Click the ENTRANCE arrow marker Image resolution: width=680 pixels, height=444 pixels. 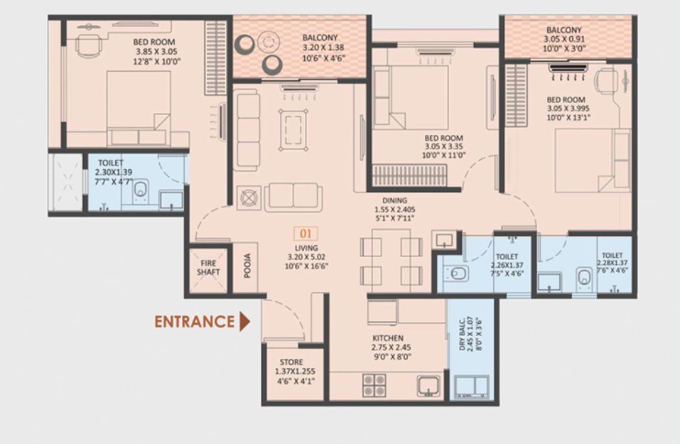(x=245, y=322)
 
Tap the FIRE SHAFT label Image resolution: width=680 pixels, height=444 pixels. (x=208, y=268)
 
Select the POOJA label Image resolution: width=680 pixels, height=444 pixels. (x=247, y=266)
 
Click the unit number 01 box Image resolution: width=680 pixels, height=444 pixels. (x=306, y=234)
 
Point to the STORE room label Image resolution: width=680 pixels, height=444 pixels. (x=291, y=362)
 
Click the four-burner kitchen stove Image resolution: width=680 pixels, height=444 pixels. (x=374, y=385)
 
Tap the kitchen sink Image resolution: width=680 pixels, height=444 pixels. (x=428, y=386)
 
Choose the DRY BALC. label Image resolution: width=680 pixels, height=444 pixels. (x=462, y=335)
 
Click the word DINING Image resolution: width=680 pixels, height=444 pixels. (x=394, y=200)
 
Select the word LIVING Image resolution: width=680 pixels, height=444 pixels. (x=306, y=248)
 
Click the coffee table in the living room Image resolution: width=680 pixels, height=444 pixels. (x=293, y=130)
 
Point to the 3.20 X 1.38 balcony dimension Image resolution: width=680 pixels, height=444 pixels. (x=323, y=48)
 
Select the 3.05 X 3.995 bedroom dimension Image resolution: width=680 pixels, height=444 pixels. (x=568, y=109)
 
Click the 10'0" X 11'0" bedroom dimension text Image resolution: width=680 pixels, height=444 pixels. (x=443, y=156)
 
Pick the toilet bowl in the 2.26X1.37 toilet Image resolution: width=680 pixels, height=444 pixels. (x=456, y=274)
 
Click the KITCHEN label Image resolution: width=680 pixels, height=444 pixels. (x=388, y=338)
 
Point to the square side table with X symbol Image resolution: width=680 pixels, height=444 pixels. (x=249, y=199)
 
